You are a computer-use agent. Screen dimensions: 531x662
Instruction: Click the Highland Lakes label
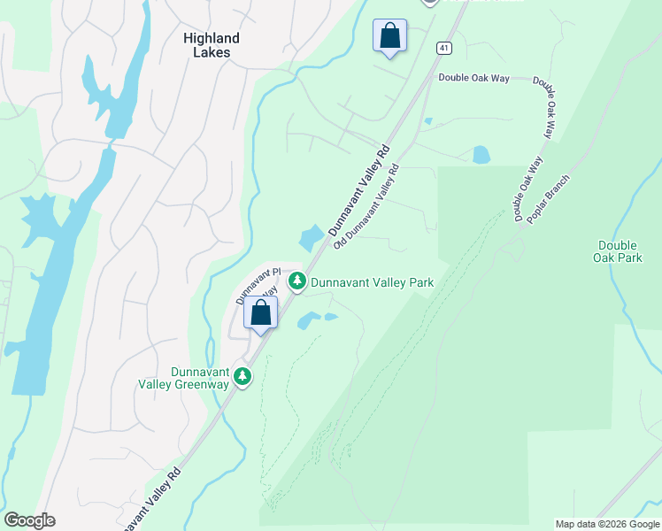pyautogui.click(x=212, y=45)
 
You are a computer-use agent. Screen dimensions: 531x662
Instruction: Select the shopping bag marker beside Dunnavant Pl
pyautogui.click(x=261, y=312)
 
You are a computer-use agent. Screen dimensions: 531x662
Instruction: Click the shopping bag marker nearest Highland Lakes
pyautogui.click(x=389, y=36)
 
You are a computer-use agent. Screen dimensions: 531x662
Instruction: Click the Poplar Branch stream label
pyautogui.click(x=549, y=199)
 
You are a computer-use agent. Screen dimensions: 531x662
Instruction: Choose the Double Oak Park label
pyautogui.click(x=620, y=251)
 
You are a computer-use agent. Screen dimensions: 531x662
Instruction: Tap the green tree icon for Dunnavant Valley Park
pyautogui.click(x=298, y=281)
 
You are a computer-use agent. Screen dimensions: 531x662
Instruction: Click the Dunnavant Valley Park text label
pyautogui.click(x=372, y=282)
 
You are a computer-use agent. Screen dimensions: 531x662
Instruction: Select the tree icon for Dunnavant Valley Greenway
pyautogui.click(x=242, y=377)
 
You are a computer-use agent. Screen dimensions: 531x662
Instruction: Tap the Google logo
pyautogui.click(x=29, y=520)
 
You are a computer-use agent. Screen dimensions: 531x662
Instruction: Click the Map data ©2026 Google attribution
pyautogui.click(x=606, y=524)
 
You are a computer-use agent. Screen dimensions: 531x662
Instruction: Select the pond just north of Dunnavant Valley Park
pyautogui.click(x=312, y=238)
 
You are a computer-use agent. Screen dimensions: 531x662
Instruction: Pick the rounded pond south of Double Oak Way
pyautogui.click(x=481, y=155)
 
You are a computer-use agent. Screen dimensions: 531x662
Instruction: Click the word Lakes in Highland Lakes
pyautogui.click(x=212, y=52)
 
